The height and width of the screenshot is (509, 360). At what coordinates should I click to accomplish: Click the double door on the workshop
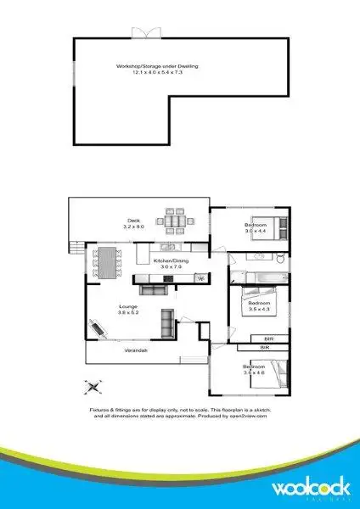tap(144, 32)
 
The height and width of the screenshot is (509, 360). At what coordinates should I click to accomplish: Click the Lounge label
tap(128, 306)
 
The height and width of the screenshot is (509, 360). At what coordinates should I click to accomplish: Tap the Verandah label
tap(137, 350)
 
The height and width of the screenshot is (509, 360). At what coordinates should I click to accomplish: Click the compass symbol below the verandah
tap(93, 387)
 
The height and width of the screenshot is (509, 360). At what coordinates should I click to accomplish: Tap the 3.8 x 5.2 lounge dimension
tap(128, 312)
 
